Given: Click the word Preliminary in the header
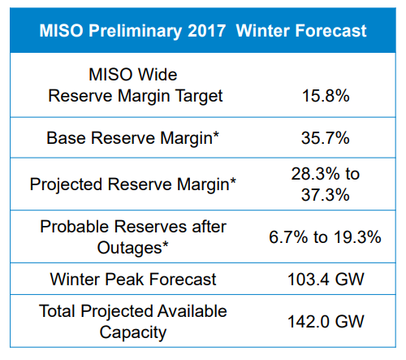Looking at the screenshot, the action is (136, 31).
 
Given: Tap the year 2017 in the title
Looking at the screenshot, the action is (206, 30).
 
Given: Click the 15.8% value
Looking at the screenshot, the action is (326, 96).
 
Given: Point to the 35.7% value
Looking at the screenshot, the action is (326, 138).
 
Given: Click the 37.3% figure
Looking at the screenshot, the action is (326, 195).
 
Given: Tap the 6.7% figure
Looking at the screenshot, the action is (288, 237).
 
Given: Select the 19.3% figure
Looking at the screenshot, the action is (357, 237).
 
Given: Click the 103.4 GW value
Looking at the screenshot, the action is (326, 280).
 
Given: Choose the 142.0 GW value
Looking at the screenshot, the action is (326, 322).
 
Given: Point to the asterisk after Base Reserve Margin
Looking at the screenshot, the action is (215, 135).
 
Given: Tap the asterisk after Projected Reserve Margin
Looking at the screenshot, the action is (233, 181).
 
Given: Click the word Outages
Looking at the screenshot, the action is (129, 248).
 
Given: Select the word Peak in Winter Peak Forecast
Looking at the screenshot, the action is (124, 280).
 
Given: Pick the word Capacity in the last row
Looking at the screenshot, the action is (133, 333).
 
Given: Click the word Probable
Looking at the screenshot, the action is (75, 227).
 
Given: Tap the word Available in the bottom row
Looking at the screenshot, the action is (192, 311).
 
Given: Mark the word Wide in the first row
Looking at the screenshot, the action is (158, 75).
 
